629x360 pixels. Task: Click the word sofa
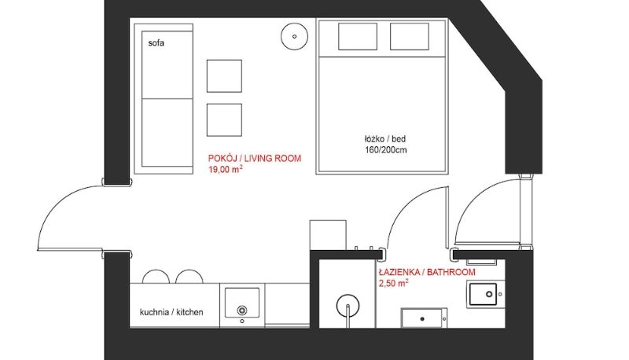[156, 43]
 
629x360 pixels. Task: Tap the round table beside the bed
[294, 36]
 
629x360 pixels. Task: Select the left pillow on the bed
[358, 36]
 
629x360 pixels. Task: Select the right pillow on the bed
[409, 36]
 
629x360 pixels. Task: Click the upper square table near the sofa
[224, 76]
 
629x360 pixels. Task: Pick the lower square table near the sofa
[224, 119]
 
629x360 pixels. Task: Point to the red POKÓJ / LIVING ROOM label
[254, 158]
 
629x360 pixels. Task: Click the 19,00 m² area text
[225, 169]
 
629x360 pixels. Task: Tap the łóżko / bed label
[384, 139]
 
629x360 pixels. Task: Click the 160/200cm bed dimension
[385, 150]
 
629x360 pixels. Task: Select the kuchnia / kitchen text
[171, 312]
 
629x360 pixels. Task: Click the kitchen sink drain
[242, 310]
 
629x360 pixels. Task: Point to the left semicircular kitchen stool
[156, 277]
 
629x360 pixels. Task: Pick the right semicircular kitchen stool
[189, 277]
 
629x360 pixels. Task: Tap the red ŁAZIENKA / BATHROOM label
[427, 272]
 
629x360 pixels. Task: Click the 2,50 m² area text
[394, 284]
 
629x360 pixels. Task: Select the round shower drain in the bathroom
[348, 306]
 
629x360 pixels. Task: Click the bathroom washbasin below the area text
[424, 318]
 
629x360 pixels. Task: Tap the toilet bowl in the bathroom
[486, 294]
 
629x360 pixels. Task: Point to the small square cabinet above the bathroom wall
[328, 235]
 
